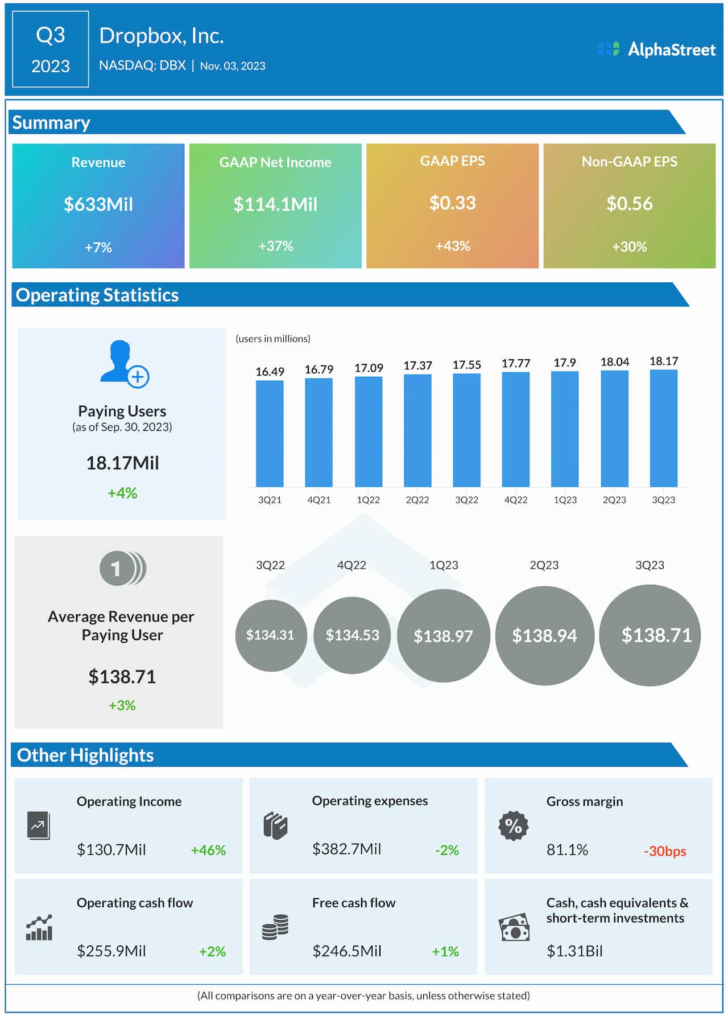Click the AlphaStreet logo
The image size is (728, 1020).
pyautogui.click(x=656, y=50)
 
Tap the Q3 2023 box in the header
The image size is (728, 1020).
pyautogui.click(x=51, y=50)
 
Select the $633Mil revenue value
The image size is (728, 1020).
pyautogui.click(x=98, y=204)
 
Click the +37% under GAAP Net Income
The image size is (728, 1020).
pyautogui.click(x=276, y=246)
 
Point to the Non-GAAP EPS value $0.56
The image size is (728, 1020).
pyautogui.click(x=629, y=203)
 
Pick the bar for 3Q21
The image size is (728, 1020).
pyautogui.click(x=270, y=433)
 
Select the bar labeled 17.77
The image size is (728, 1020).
pyautogui.click(x=516, y=429)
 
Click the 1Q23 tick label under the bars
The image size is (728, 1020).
pyautogui.click(x=565, y=500)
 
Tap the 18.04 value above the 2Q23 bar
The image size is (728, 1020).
pyautogui.click(x=615, y=362)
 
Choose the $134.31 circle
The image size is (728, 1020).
pyautogui.click(x=271, y=635)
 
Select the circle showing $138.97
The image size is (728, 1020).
pyautogui.click(x=443, y=636)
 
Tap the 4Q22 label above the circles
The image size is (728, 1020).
pyautogui.click(x=351, y=565)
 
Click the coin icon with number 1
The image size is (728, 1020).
pyautogui.click(x=122, y=568)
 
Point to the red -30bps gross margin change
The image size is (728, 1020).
pyautogui.click(x=665, y=851)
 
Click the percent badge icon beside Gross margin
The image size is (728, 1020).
pyautogui.click(x=513, y=825)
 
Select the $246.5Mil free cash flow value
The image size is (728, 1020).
pyautogui.click(x=347, y=951)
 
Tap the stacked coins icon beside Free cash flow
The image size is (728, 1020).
pyautogui.click(x=275, y=927)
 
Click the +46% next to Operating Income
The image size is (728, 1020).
pyautogui.click(x=208, y=850)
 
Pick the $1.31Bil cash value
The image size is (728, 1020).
pyautogui.click(x=574, y=951)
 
